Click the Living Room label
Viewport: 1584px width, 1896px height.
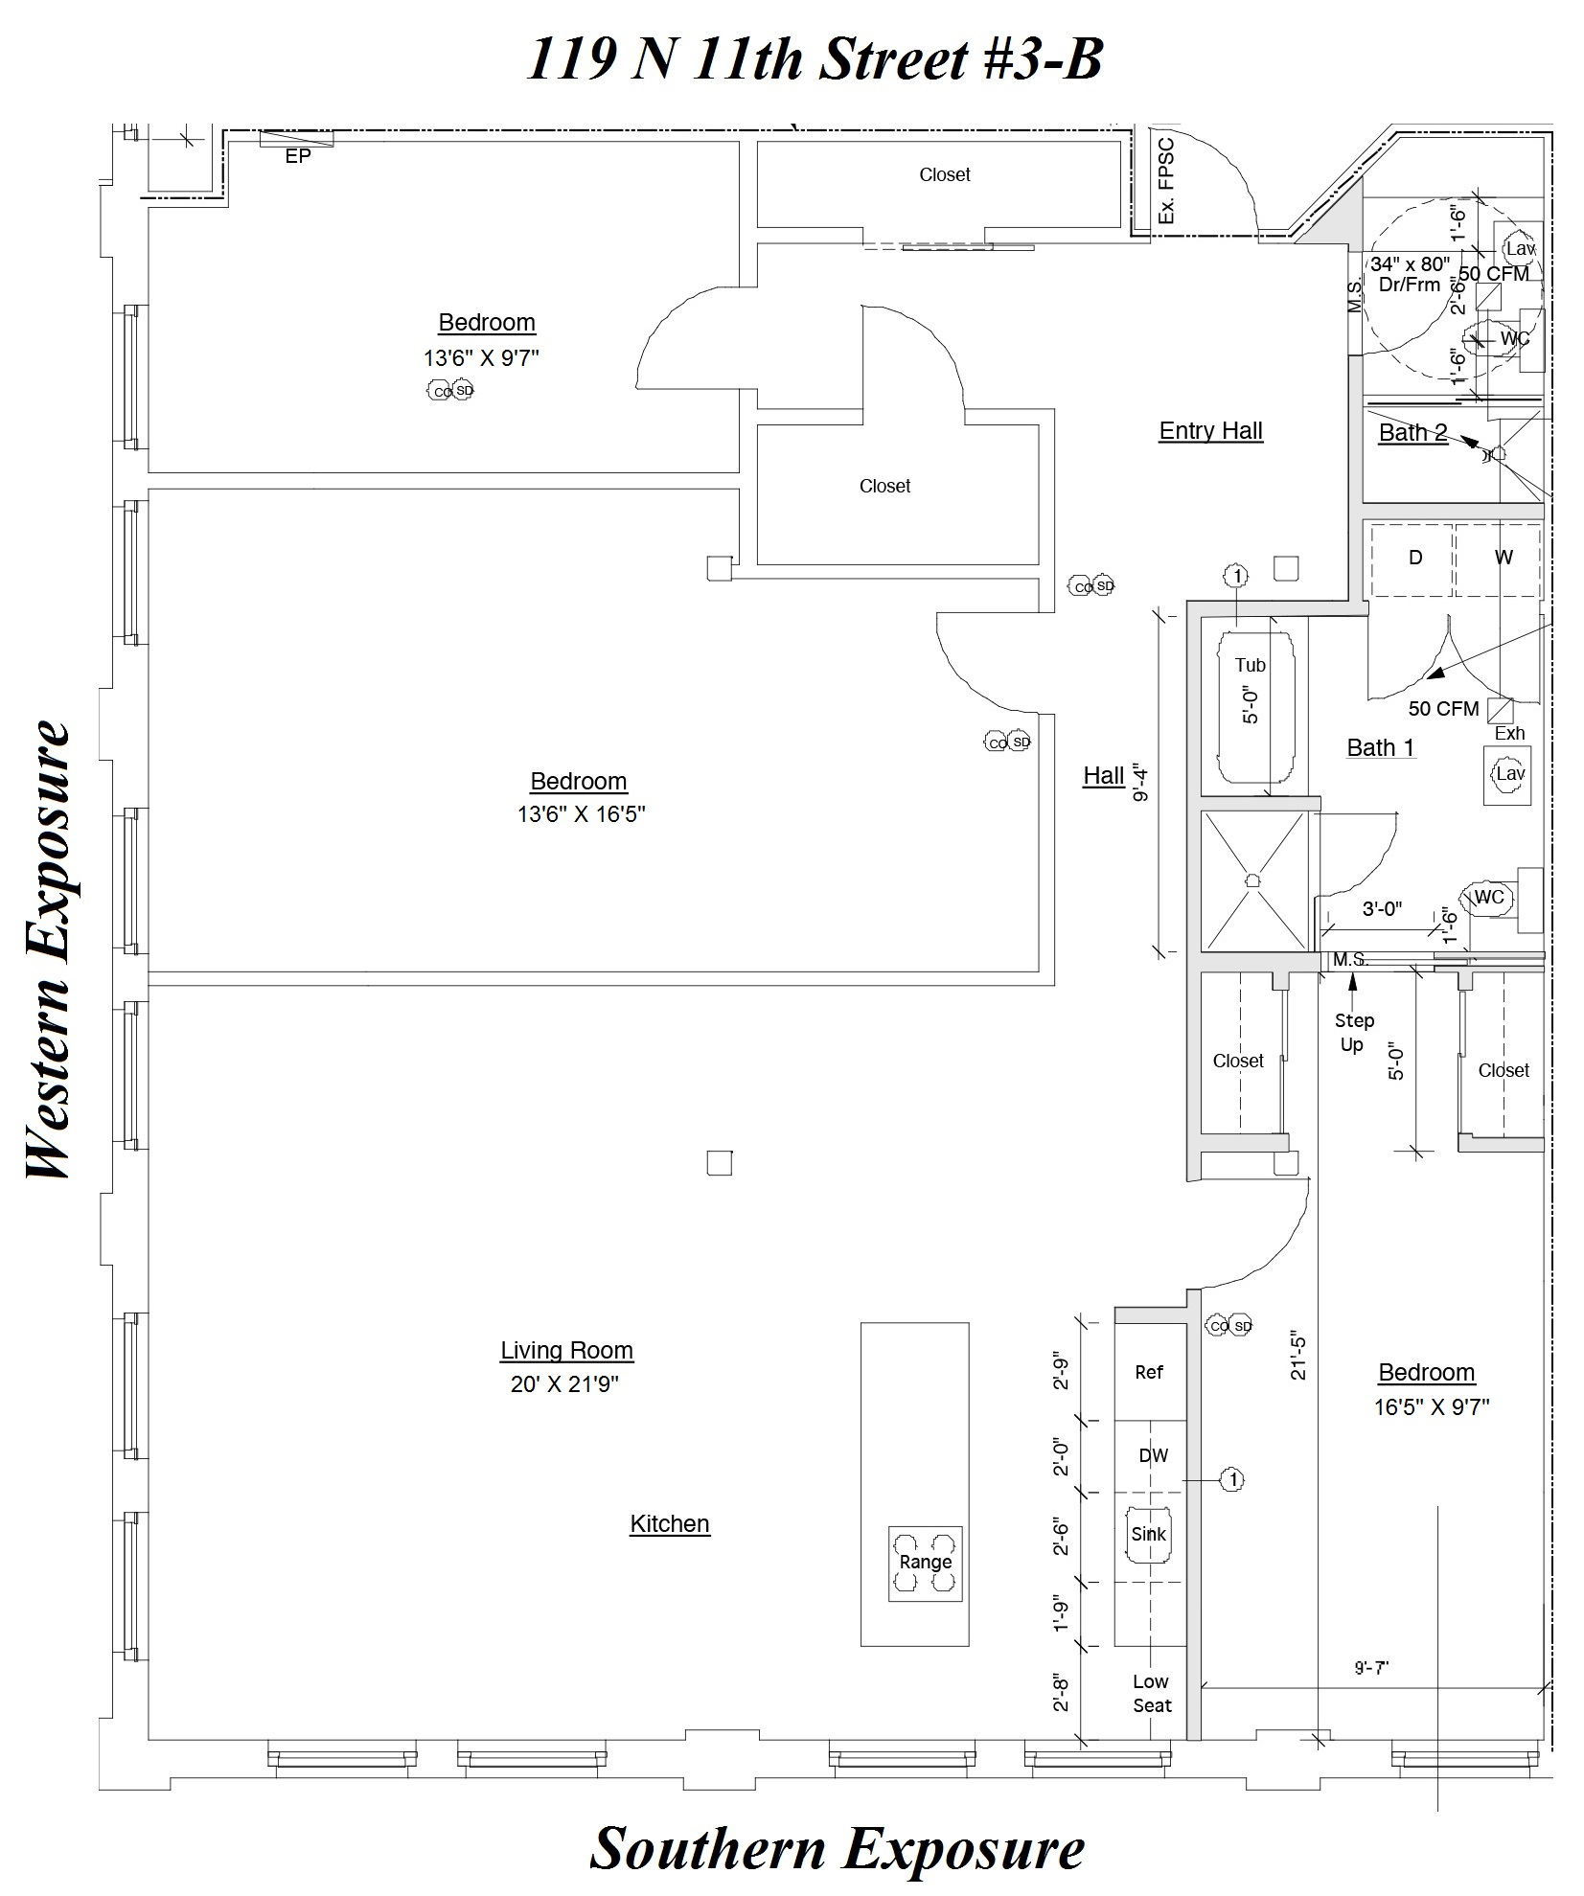[x=566, y=1350]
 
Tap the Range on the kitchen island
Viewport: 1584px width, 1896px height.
[x=925, y=1563]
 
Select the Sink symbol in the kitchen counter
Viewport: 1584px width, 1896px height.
[x=1148, y=1534]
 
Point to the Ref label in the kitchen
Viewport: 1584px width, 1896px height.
[x=1148, y=1372]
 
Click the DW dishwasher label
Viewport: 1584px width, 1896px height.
[x=1153, y=1455]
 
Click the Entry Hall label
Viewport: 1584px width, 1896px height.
[x=1210, y=431]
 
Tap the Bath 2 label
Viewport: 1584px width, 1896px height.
[x=1412, y=433]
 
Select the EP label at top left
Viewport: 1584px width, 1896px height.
[x=298, y=156]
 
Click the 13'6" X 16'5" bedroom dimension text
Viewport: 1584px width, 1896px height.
[x=581, y=814]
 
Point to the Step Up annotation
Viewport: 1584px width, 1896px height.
[x=1353, y=1032]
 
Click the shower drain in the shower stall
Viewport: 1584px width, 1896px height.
[x=1252, y=879]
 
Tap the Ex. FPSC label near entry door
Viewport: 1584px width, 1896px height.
[x=1165, y=181]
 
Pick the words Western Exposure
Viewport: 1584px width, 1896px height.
[x=49, y=950]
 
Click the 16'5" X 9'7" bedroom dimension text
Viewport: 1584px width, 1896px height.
[x=1431, y=1407]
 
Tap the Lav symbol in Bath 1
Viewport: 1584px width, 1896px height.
[x=1509, y=773]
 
